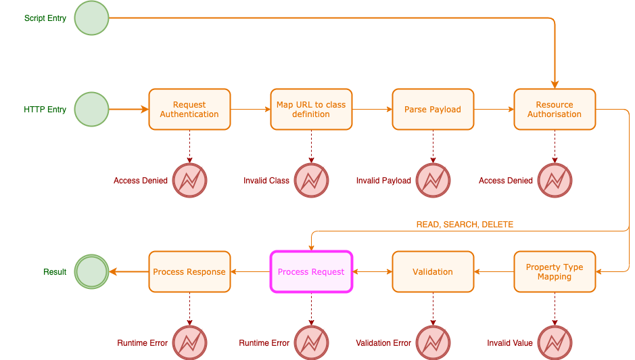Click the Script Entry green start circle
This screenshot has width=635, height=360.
pyautogui.click(x=91, y=18)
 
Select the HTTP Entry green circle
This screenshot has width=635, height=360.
pyautogui.click(x=91, y=110)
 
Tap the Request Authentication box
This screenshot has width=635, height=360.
pyautogui.click(x=189, y=110)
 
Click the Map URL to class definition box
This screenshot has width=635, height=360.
pyautogui.click(x=311, y=110)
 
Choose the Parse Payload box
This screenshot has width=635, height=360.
pyautogui.click(x=433, y=110)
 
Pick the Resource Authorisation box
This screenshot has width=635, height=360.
pyautogui.click(x=555, y=110)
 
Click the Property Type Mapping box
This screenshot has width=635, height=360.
pyautogui.click(x=555, y=272)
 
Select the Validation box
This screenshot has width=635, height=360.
pyautogui.click(x=433, y=272)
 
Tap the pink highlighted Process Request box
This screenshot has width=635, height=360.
pyautogui.click(x=311, y=272)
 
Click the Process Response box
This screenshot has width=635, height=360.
pyautogui.click(x=189, y=272)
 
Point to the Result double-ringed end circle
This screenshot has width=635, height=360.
pyautogui.click(x=91, y=272)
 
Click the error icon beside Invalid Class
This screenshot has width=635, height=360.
pyautogui.click(x=311, y=181)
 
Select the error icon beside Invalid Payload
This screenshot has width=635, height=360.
pyautogui.click(x=433, y=181)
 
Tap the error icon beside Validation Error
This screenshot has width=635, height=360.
pyautogui.click(x=433, y=343)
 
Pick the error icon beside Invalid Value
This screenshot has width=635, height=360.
pyautogui.click(x=555, y=343)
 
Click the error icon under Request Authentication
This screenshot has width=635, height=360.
pyautogui.click(x=189, y=181)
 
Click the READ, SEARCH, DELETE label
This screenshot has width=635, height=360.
pyautogui.click(x=465, y=225)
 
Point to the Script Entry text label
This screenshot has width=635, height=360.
pyautogui.click(x=45, y=18)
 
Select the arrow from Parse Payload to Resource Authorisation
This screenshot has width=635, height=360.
pyautogui.click(x=494, y=110)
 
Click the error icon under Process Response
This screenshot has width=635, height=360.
pyautogui.click(x=189, y=343)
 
